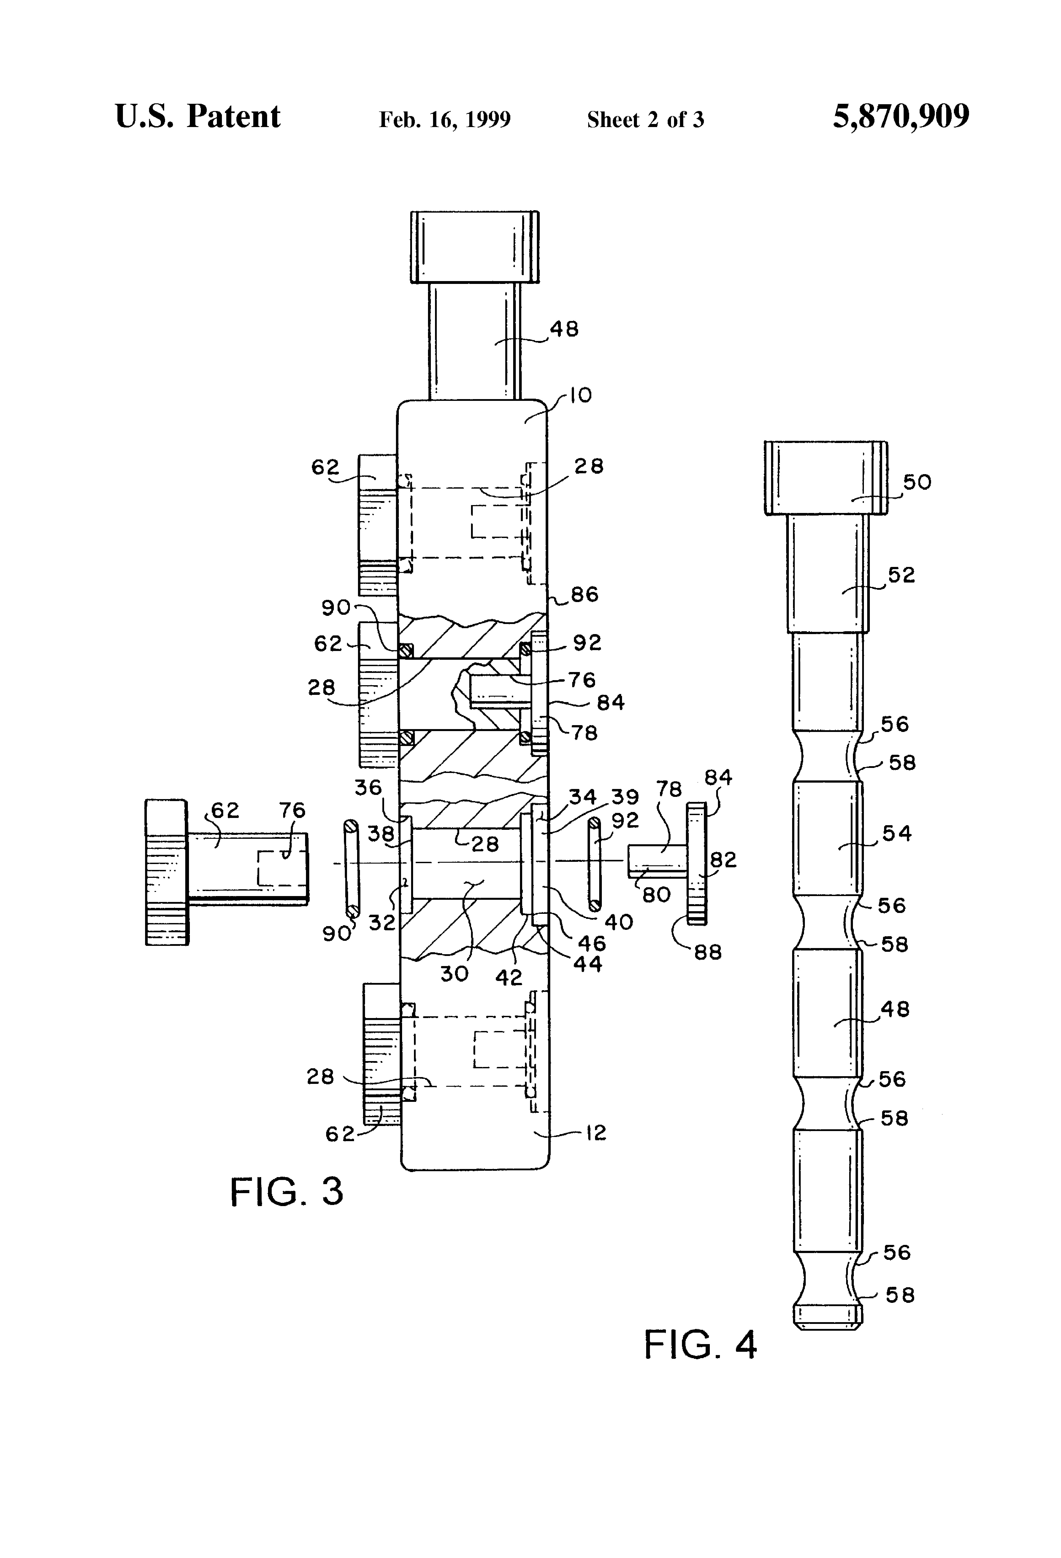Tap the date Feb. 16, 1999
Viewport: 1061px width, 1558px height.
[x=445, y=119]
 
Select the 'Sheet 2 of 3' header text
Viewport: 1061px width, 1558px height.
[x=645, y=119]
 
